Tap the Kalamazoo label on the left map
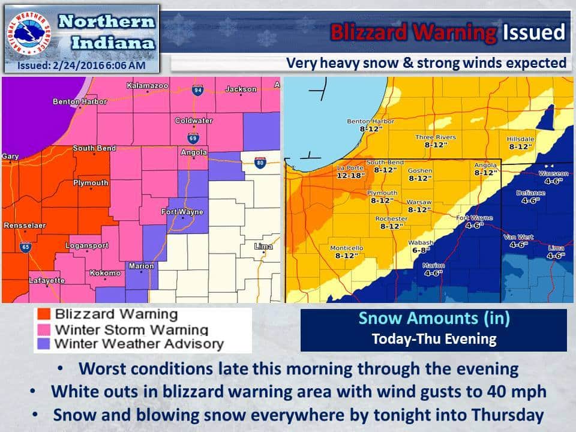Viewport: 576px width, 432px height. coord(146,86)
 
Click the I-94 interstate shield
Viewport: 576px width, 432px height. coord(198,91)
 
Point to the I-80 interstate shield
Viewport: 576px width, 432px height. coord(259,163)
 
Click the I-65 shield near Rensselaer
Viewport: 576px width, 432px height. coord(25,246)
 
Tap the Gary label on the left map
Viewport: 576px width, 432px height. coord(10,157)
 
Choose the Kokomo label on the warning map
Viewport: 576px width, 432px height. coord(105,274)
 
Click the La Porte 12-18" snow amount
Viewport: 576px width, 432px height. coord(351,171)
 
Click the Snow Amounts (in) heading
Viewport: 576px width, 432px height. coord(434,319)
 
